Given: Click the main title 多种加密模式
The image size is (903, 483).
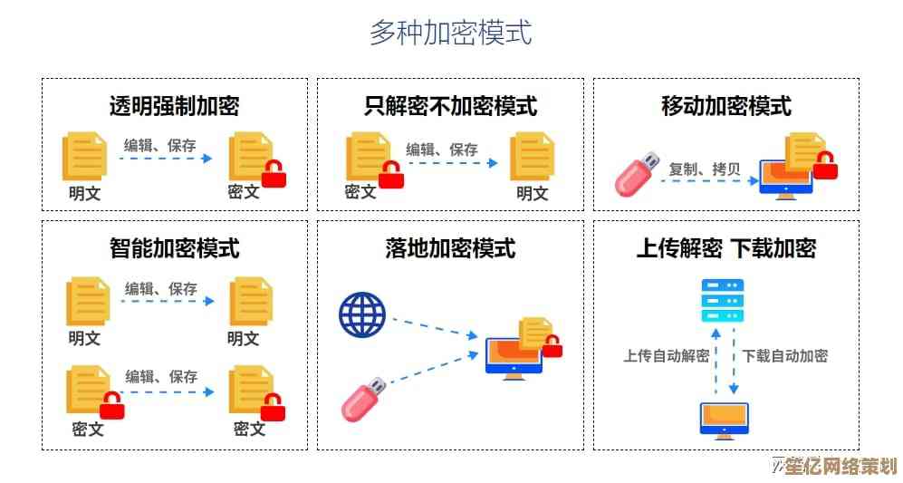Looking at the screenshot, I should pyautogui.click(x=450, y=33).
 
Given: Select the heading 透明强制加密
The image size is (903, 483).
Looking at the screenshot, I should pyautogui.click(x=175, y=106).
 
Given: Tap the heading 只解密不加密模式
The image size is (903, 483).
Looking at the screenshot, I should pyautogui.click(x=450, y=106).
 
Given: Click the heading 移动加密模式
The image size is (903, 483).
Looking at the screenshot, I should pyautogui.click(x=726, y=106).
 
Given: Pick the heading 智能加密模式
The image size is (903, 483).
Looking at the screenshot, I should pyautogui.click(x=175, y=247).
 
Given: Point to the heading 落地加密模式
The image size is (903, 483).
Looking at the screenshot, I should pyautogui.click(x=450, y=247).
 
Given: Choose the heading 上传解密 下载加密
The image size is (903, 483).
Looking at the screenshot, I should pyautogui.click(x=726, y=247).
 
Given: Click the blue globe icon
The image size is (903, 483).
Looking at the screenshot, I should pyautogui.click(x=362, y=314).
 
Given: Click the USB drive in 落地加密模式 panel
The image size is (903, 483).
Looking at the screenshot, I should pyautogui.click(x=364, y=400).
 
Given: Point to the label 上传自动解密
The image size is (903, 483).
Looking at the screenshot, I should pyautogui.click(x=666, y=356).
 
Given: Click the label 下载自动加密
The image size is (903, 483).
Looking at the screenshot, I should pyautogui.click(x=784, y=356).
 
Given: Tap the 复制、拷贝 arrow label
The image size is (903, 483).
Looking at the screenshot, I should pyautogui.click(x=704, y=169).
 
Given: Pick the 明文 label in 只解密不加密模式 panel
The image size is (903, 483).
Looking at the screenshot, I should pyautogui.click(x=533, y=192).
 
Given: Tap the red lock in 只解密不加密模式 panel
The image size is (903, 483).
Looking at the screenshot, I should pyautogui.click(x=390, y=174).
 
